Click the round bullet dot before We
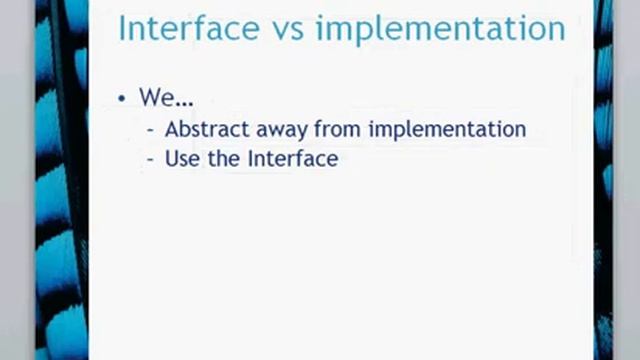[121, 99]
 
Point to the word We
[153, 98]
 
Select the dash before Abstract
[150, 130]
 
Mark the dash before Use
[150, 159]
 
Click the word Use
[182, 158]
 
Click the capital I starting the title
[122, 28]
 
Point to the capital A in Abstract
[172, 129]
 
